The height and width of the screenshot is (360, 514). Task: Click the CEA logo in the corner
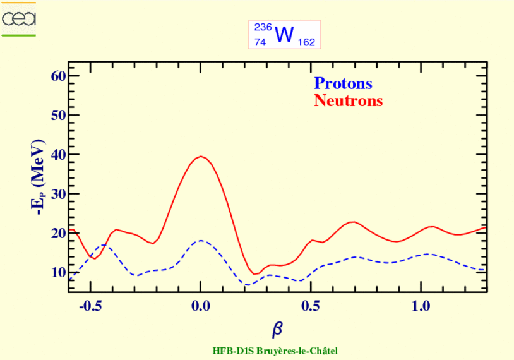tap(19, 19)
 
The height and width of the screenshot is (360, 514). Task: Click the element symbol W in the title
tap(284, 35)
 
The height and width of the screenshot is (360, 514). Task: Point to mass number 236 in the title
tap(261, 27)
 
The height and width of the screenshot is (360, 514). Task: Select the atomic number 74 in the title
tap(260, 42)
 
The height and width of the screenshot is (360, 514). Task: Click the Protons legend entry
tap(343, 83)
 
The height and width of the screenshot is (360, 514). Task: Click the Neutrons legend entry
tap(348, 100)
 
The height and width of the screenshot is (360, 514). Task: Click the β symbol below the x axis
tap(277, 329)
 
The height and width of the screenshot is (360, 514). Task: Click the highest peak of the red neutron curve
tap(201, 156)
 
